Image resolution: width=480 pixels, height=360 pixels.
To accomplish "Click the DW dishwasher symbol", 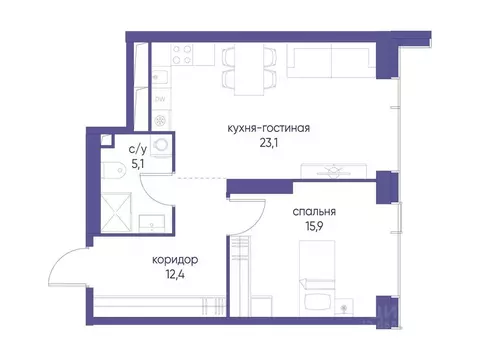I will pyautogui.click(x=159, y=100).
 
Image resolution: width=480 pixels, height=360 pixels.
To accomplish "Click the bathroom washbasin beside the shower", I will pyautogui.click(x=154, y=221).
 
